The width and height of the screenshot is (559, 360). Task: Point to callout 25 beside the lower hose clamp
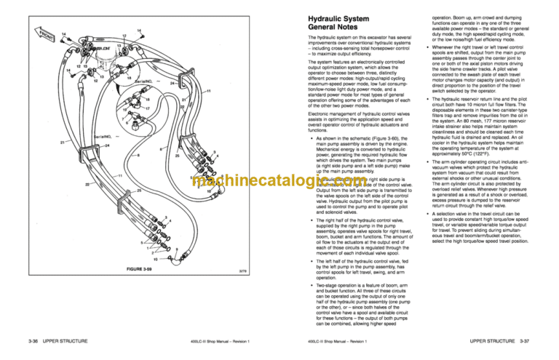tap(178, 156)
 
